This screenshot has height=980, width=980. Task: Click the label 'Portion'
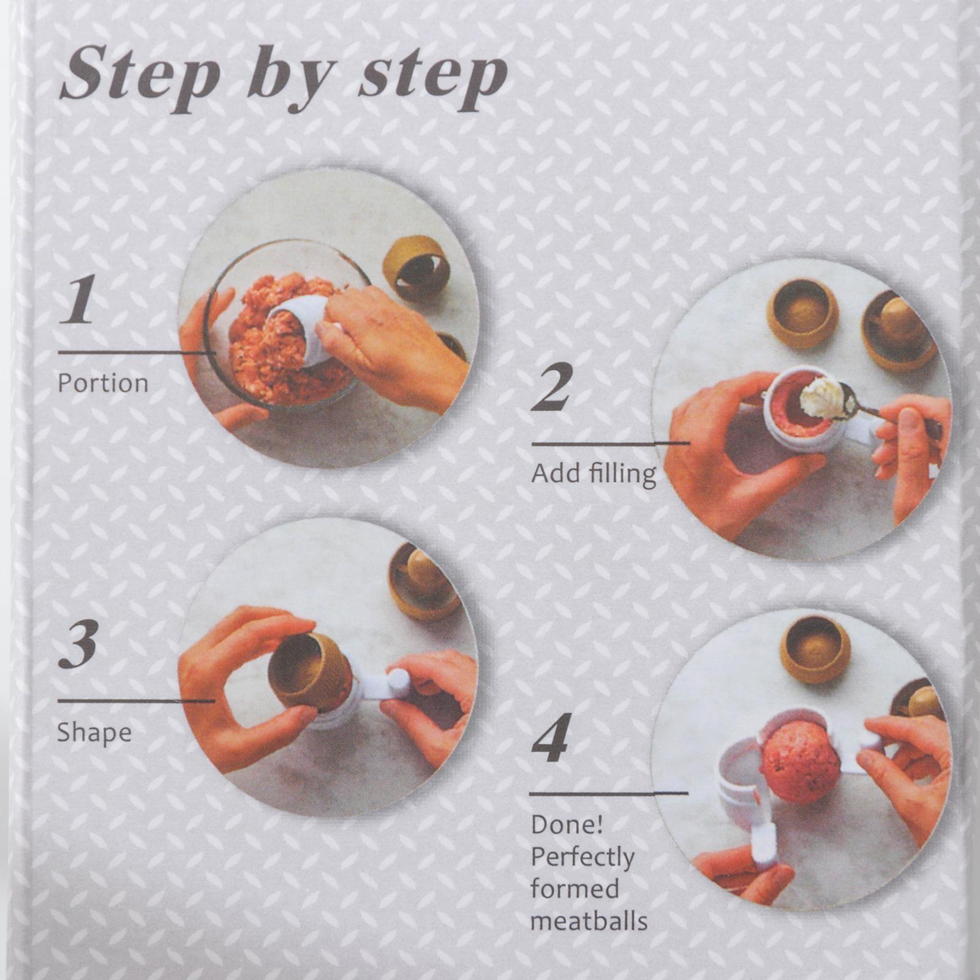pos(103,383)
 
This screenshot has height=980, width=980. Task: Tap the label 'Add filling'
pos(594,474)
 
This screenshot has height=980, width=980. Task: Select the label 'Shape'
pos(94,733)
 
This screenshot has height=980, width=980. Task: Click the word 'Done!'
pos(567,825)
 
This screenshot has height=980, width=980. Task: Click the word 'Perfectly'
pos(582,858)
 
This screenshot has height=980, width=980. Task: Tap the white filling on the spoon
pos(825,398)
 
